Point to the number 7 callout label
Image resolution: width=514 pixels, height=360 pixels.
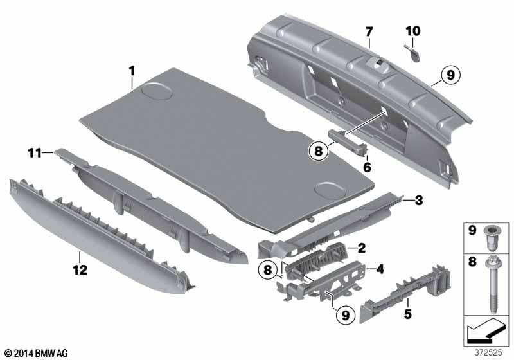(x=369, y=32)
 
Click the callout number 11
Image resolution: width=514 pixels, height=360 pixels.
(x=34, y=152)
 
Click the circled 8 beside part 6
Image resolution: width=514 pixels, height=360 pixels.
(x=317, y=152)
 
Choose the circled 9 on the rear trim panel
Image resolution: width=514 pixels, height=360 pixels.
(x=450, y=75)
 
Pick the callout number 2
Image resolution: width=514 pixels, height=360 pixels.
(x=361, y=248)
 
